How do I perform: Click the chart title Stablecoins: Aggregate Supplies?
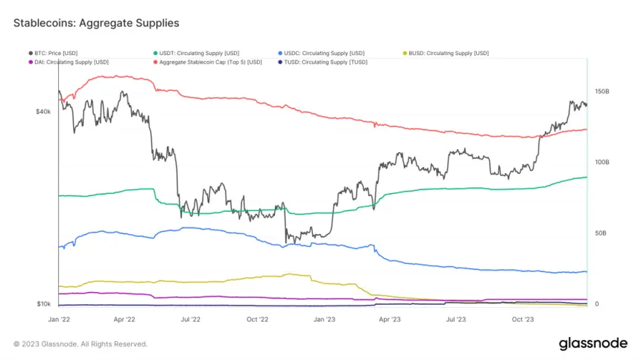pyautogui.click(x=96, y=23)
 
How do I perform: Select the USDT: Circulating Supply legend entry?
pyautogui.click(x=196, y=53)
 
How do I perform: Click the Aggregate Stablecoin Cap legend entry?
pyautogui.click(x=209, y=62)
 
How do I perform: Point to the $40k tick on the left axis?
pyautogui.click(x=42, y=112)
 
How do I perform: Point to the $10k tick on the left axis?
pyautogui.click(x=42, y=304)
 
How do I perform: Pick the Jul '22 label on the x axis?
pyautogui.click(x=191, y=319)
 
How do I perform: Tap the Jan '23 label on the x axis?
pyautogui.click(x=323, y=319)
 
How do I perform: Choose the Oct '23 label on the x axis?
pyautogui.click(x=522, y=319)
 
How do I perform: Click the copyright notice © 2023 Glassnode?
pyautogui.click(x=80, y=344)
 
